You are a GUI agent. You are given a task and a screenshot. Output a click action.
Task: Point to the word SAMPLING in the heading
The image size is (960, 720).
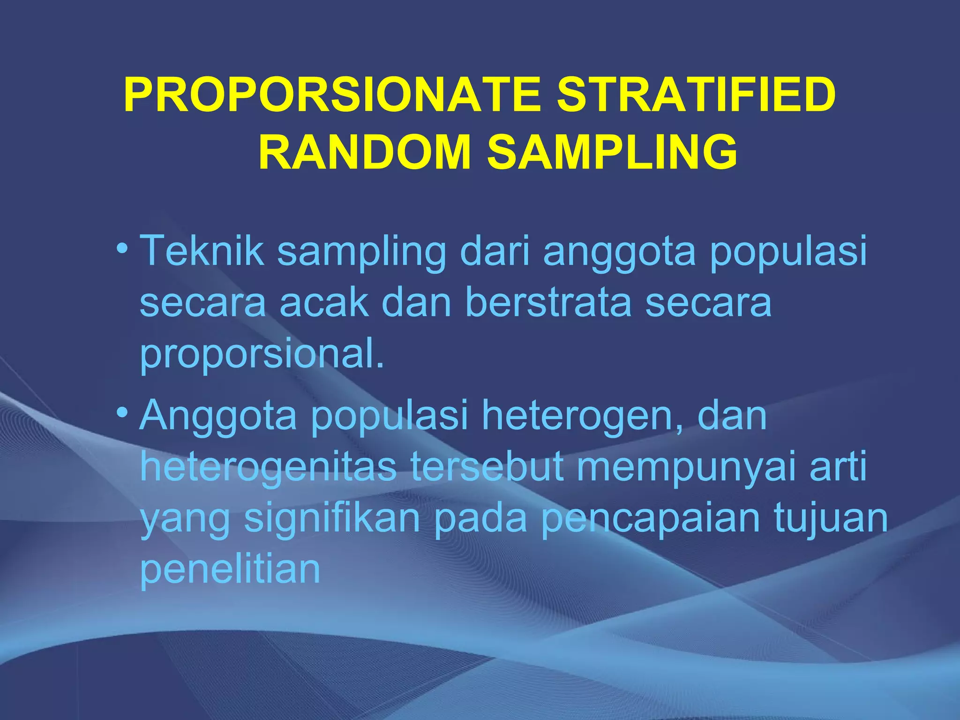[612, 152]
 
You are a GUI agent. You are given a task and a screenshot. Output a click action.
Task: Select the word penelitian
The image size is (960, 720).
[230, 570]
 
